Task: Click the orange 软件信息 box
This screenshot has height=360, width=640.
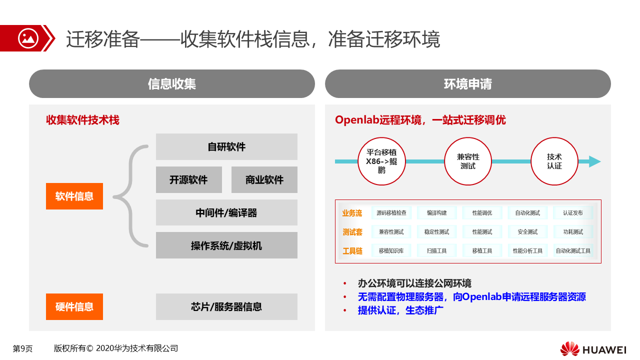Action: pos(74,196)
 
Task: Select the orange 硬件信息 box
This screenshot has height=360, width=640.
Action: pos(74,306)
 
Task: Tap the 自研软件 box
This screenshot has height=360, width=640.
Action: pos(226,146)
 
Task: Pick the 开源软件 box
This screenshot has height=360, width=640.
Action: pos(189,179)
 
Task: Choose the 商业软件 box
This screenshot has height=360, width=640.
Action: pos(264,179)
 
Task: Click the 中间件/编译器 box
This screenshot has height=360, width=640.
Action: pos(226,212)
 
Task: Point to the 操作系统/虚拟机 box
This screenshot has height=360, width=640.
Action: pos(226,245)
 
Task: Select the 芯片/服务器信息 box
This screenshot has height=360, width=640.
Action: pos(226,306)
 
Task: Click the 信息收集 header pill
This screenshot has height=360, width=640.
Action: pos(172,83)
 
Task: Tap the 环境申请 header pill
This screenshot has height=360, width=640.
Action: pos(468,83)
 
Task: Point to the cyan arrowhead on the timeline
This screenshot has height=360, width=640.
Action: pos(594,161)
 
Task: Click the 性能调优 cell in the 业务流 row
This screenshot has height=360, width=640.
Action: pos(482,213)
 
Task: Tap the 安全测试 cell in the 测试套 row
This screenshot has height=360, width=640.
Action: pos(527,231)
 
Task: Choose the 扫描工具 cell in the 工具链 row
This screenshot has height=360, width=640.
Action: pos(436,250)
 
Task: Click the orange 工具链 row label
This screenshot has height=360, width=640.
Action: pos(352,251)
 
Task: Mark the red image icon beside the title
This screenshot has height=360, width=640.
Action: pos(28,38)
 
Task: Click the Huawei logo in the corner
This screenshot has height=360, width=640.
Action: pos(593,349)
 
